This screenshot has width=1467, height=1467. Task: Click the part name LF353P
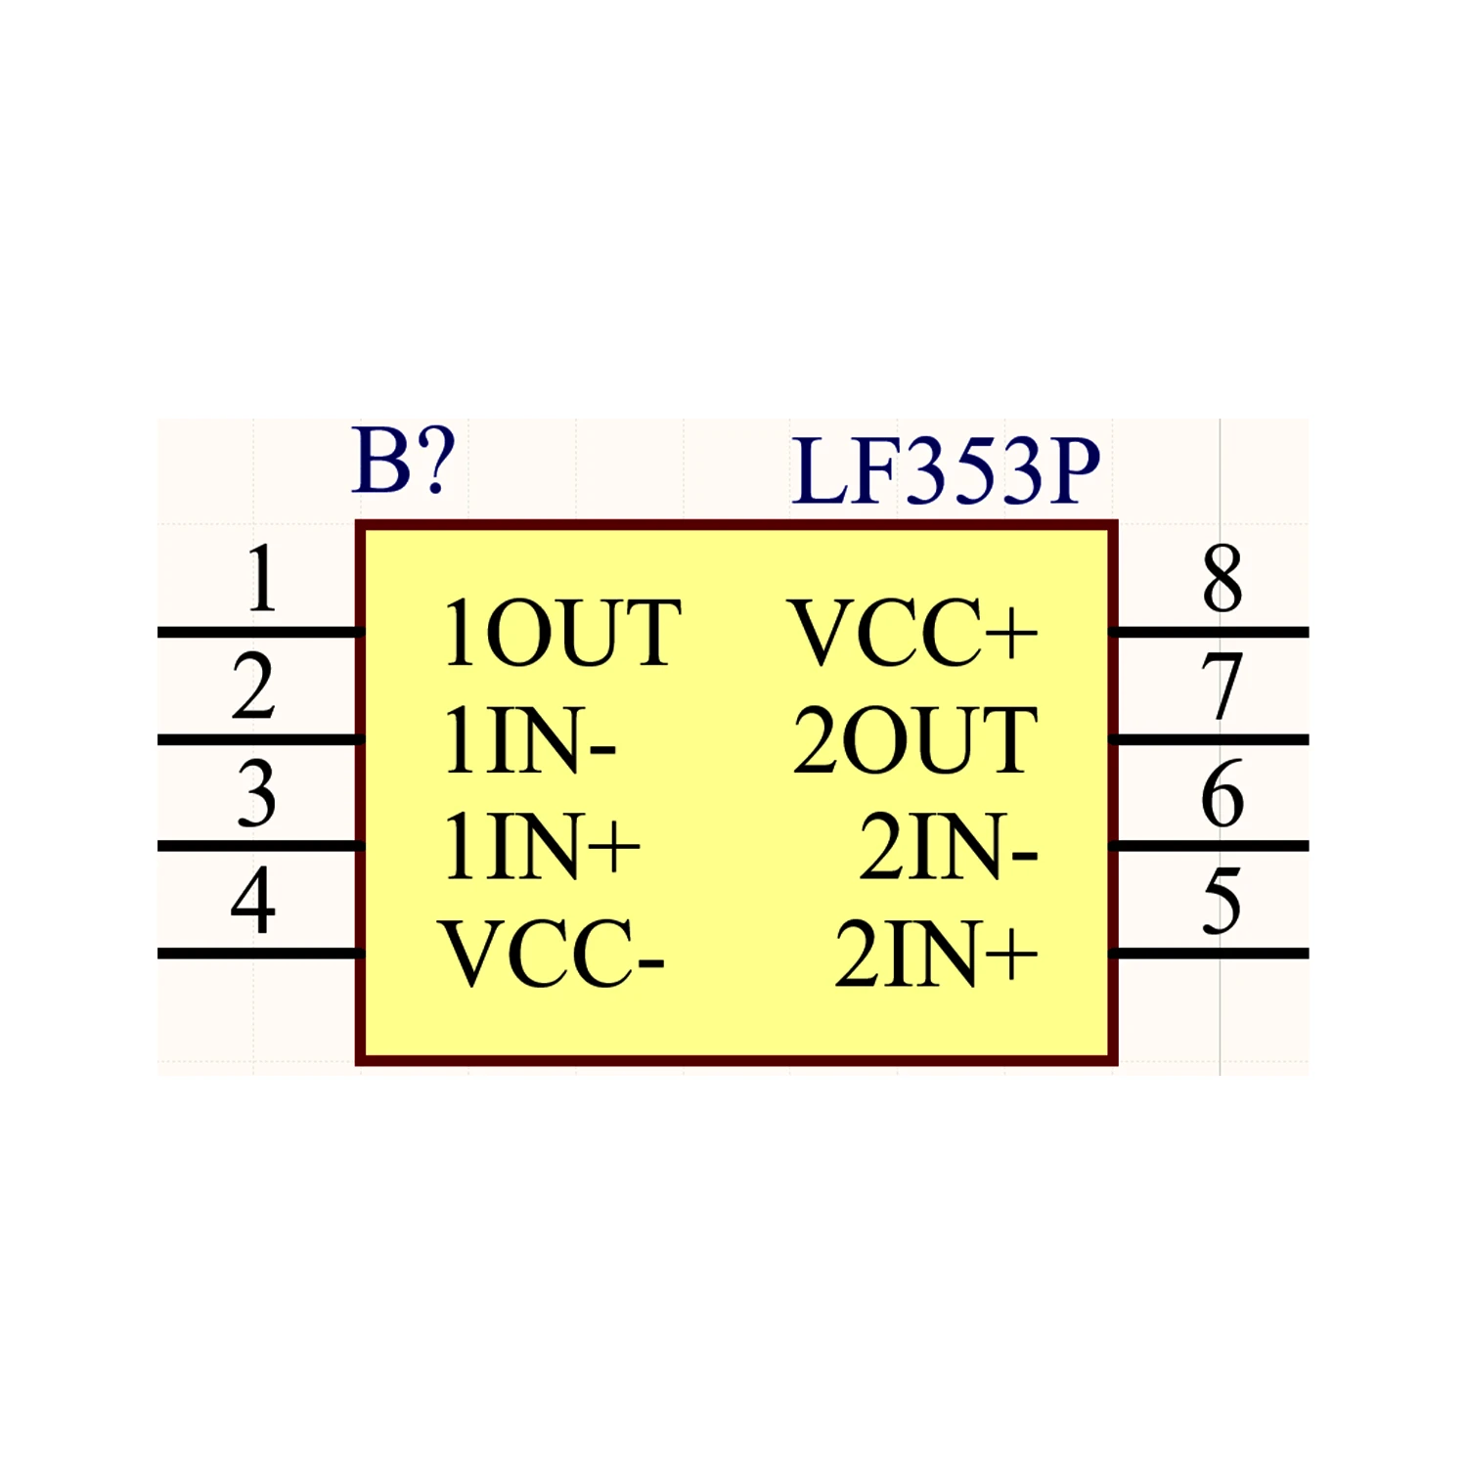point(946,471)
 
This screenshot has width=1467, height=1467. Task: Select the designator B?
point(403,460)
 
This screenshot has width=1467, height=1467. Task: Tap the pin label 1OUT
point(561,634)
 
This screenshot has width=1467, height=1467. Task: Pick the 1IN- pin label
point(529,740)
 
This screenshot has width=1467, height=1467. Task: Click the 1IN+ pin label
point(542,847)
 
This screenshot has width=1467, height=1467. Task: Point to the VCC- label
point(552,954)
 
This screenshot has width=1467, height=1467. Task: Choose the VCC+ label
point(912,634)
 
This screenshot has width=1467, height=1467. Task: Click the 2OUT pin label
point(915,740)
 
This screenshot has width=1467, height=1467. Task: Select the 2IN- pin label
point(949,847)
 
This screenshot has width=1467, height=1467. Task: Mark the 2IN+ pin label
point(936,954)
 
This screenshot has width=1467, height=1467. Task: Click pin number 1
point(261,579)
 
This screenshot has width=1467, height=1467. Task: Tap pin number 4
point(253,900)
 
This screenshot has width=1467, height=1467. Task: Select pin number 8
point(1222,579)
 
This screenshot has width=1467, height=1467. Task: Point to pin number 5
point(1222,901)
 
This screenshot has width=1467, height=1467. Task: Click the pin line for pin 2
point(260,739)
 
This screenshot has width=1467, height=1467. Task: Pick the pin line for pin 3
point(260,846)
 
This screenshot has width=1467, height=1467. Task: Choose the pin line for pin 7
point(1210,739)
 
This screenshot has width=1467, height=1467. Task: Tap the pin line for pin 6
point(1210,846)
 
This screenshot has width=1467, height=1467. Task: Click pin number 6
point(1222,793)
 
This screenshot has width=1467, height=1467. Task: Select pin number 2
point(253,687)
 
